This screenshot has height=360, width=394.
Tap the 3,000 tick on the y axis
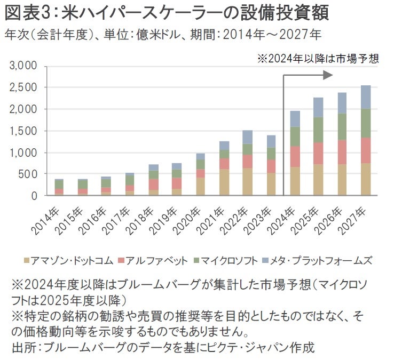23,66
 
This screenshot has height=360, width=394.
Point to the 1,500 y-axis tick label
23,131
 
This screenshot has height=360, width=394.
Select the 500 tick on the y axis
27,174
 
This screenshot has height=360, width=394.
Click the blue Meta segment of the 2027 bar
366,97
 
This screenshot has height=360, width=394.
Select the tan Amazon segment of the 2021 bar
224,182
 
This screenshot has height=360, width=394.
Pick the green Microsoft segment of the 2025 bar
318,130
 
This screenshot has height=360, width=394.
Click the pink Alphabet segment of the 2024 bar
294,156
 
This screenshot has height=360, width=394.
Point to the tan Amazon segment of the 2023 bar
271,184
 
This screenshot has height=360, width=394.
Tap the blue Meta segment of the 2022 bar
248,137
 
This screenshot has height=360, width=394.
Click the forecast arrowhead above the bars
328,76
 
